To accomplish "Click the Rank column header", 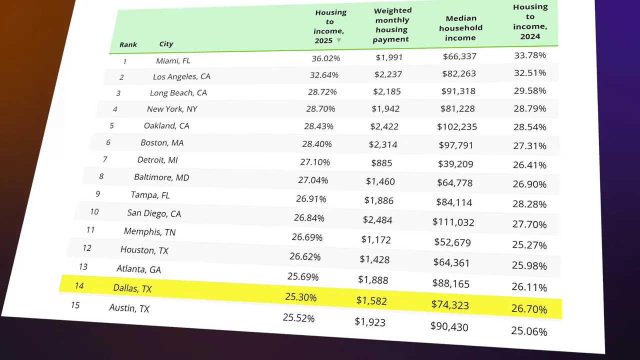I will pyautogui.click(x=128, y=44).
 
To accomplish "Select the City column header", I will pyautogui.click(x=166, y=44).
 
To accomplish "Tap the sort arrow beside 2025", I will pyautogui.click(x=339, y=40).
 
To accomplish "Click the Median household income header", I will pyautogui.click(x=460, y=28).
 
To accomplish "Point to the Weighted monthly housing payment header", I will pyautogui.click(x=392, y=24).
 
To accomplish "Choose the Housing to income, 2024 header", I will pyautogui.click(x=530, y=21).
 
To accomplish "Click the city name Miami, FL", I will pyautogui.click(x=173, y=60).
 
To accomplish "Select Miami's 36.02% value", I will pyautogui.click(x=325, y=58).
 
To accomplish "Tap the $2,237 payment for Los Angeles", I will pyautogui.click(x=388, y=74).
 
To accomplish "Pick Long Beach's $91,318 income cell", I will pyautogui.click(x=458, y=91).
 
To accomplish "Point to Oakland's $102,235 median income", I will pyautogui.click(x=456, y=126).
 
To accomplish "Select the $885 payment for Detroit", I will pyautogui.click(x=381, y=163).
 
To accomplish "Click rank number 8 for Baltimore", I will pyautogui.click(x=101, y=176).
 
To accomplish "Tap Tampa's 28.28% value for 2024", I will pyautogui.click(x=529, y=204).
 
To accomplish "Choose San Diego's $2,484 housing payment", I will pyautogui.click(x=377, y=220).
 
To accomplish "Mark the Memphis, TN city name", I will pyautogui.click(x=149, y=232).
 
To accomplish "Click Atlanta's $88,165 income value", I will pyautogui.click(x=450, y=283).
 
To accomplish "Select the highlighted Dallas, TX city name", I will pyautogui.click(x=132, y=288).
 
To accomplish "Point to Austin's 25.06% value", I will pyautogui.click(x=529, y=331).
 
